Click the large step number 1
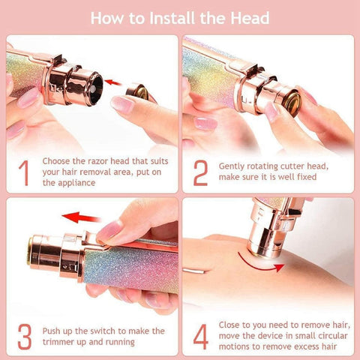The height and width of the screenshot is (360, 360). [23, 172]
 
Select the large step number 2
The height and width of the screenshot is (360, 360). [200, 172]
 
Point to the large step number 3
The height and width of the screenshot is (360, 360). [23, 337]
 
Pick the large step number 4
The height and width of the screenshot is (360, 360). [200, 337]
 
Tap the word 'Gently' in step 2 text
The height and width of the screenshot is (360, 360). [234, 166]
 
